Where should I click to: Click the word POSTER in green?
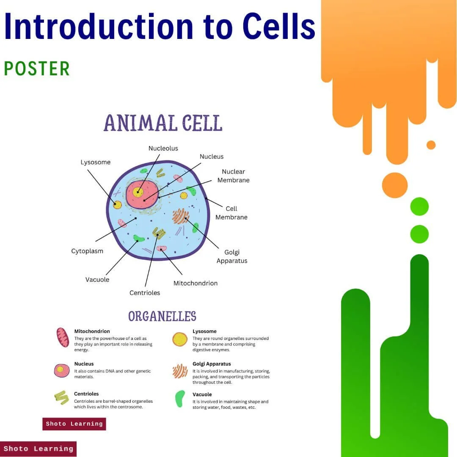click(37, 69)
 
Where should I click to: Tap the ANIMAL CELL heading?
click(163, 123)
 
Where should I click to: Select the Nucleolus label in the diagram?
click(163, 149)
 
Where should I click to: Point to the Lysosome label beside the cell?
click(96, 162)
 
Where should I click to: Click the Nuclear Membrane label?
click(233, 176)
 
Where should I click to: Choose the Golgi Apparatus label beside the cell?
click(232, 256)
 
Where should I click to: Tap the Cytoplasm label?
click(87, 251)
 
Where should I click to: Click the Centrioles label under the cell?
click(145, 293)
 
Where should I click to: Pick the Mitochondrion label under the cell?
click(195, 283)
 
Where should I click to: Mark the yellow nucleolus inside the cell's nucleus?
click(138, 192)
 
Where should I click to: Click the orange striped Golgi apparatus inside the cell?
click(181, 216)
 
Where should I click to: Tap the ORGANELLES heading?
click(162, 317)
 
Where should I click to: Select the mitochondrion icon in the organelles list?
click(63, 337)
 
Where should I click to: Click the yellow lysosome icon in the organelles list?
click(180, 339)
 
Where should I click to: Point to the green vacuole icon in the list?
click(180, 399)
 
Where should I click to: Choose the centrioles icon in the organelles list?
click(61, 397)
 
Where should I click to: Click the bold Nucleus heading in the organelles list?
click(84, 364)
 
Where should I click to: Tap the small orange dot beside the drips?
click(431, 145)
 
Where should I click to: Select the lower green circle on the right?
click(419, 234)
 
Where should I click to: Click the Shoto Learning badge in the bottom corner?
click(38, 449)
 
